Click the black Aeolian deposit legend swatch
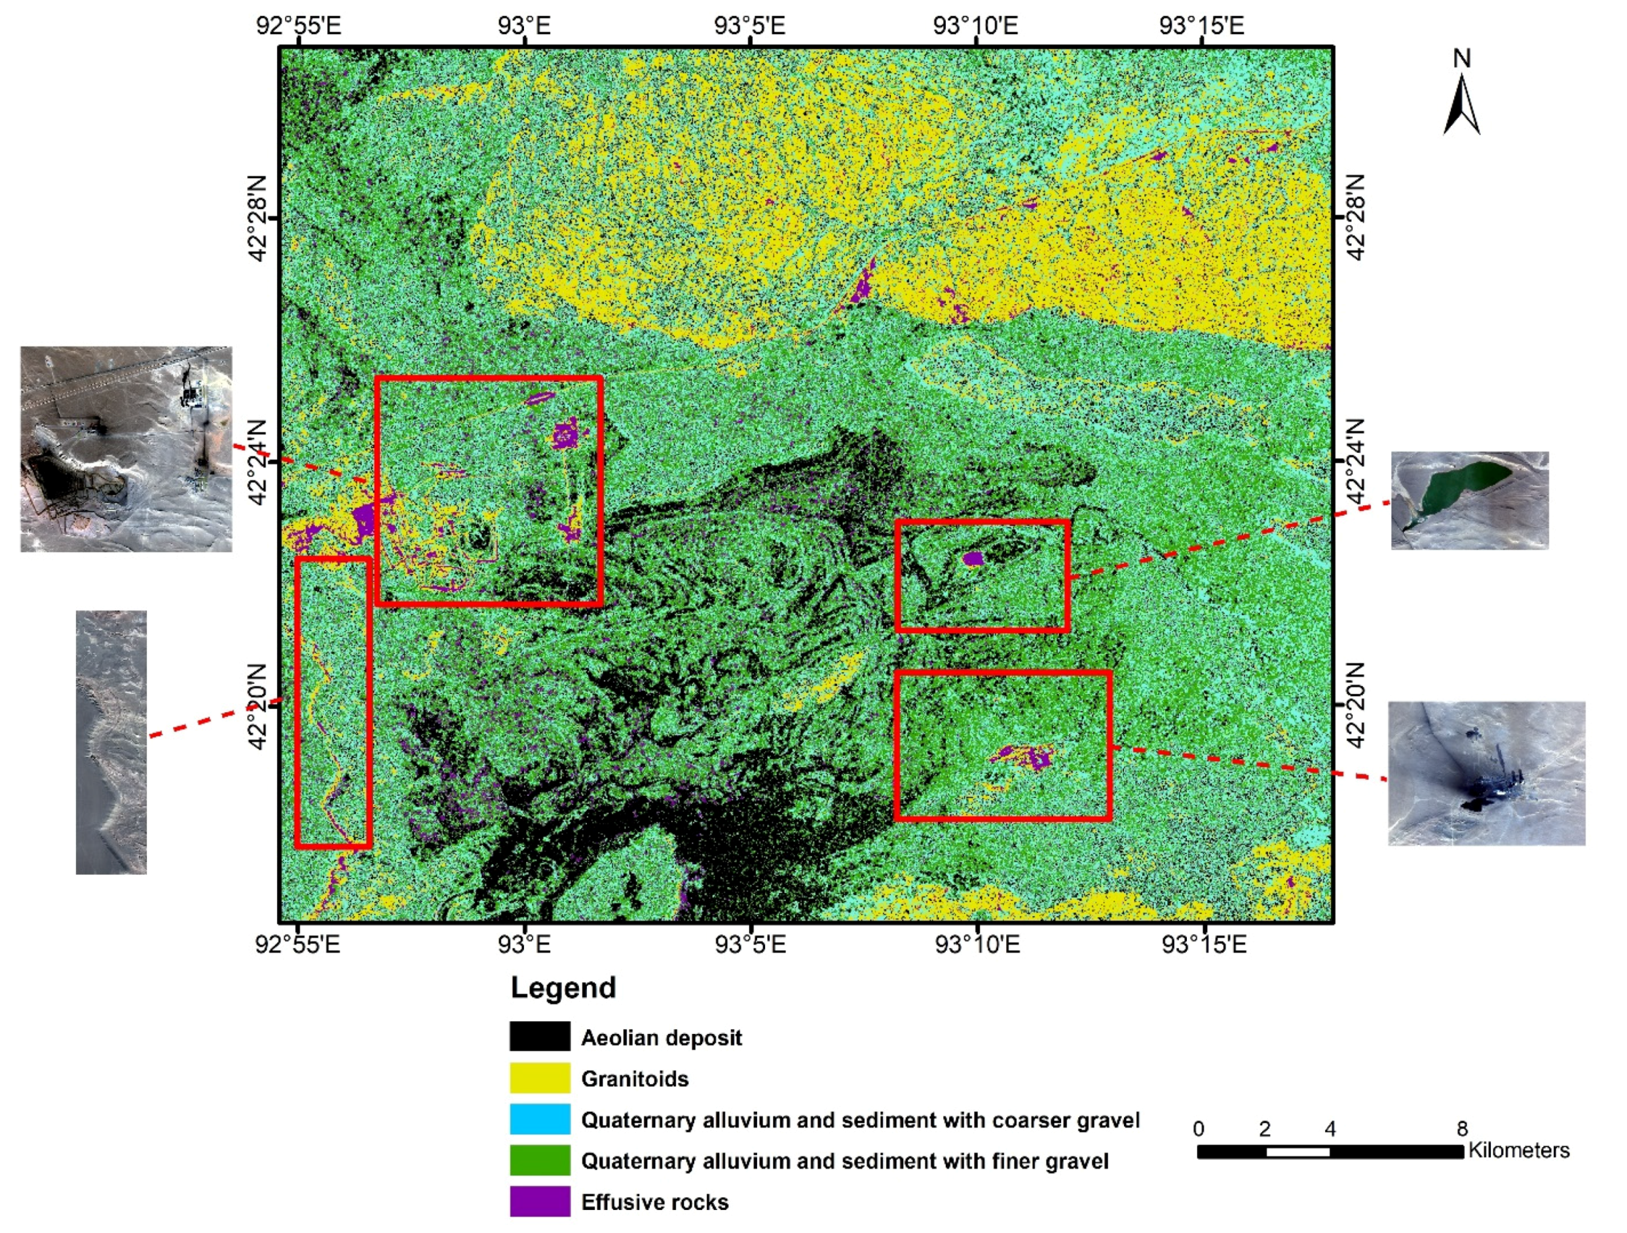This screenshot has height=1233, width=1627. [539, 1036]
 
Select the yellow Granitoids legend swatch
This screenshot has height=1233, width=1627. [539, 1078]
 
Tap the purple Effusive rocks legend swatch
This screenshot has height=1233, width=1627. [539, 1202]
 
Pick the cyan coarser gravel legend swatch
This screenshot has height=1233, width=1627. [539, 1119]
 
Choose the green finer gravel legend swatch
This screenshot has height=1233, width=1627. [539, 1160]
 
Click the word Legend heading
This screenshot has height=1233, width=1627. [563, 987]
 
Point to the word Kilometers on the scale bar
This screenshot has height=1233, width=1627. [1518, 1150]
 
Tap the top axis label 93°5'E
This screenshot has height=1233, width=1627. [749, 26]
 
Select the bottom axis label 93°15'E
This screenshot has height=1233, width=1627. [1204, 944]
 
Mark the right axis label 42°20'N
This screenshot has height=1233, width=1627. [1356, 705]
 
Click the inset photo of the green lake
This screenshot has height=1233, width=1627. [1469, 501]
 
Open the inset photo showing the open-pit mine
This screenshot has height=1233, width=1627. [126, 449]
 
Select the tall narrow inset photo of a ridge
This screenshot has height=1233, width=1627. [111, 742]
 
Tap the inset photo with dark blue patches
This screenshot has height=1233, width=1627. [1486, 773]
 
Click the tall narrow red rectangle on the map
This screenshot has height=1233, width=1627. [297, 702]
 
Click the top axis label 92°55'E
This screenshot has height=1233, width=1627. [298, 26]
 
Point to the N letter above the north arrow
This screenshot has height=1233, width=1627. [1461, 59]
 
